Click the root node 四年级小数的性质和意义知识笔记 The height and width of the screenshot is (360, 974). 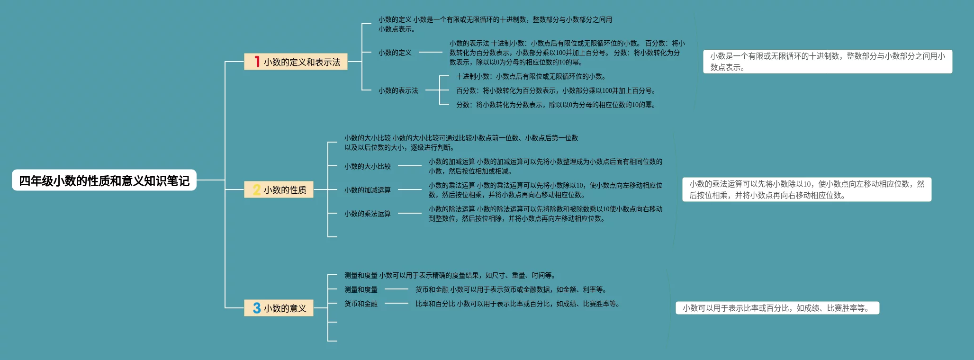pos(104,180)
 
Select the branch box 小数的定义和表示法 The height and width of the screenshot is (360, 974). pos(296,62)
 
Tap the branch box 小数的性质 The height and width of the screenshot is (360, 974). pos(279,189)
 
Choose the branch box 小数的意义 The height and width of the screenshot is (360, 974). pos(279,308)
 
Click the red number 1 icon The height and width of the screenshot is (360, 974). pos(257,62)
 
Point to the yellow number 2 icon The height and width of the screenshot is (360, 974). pos(257,189)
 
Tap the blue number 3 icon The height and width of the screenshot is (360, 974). pos(257,308)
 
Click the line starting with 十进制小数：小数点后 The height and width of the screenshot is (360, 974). pos(531,76)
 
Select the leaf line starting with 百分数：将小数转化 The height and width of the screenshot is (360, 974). pos(555,90)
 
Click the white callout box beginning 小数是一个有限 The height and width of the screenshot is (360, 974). pos(827,62)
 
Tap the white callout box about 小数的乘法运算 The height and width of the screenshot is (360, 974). pos(806,189)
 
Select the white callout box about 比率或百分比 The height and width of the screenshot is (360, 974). pos(777,308)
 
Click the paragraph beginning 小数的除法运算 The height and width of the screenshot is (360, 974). pos(545,214)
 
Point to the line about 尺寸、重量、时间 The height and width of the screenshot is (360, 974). pos(450,275)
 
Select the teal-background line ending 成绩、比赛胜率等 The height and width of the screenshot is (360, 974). pos(517,304)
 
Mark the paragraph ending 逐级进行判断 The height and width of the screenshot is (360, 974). pos(460,143)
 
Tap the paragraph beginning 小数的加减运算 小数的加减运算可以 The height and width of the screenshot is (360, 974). pos(545,166)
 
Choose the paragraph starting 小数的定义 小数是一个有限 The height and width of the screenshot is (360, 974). pos(495,24)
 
